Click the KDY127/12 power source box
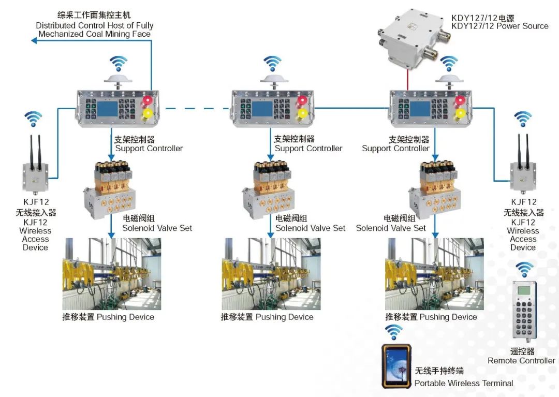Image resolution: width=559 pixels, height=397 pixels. (411, 39)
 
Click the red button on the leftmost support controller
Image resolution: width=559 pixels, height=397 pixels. (148, 100)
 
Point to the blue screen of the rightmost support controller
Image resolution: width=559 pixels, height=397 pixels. (420, 108)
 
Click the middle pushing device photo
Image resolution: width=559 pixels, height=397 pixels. (271, 274)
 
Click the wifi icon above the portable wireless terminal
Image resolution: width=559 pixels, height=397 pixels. (394, 331)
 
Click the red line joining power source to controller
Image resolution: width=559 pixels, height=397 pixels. (407, 80)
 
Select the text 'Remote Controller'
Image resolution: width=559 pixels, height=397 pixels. (521, 360)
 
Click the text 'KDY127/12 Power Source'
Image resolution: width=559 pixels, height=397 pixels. (499, 26)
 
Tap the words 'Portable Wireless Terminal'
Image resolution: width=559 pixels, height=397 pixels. (464, 383)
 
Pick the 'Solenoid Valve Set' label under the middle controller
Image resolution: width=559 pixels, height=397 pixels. (310, 228)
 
